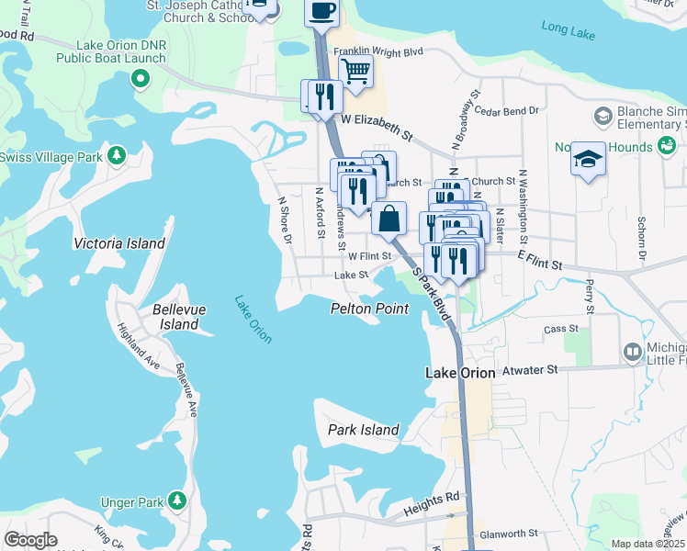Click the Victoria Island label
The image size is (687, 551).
click(119, 243)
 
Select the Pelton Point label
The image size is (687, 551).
click(369, 309)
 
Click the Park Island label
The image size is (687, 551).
click(364, 430)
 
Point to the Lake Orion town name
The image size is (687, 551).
click(460, 373)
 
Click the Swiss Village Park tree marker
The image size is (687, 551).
click(117, 155)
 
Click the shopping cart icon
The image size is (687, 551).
click(355, 70)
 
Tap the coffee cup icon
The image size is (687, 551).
click(321, 11)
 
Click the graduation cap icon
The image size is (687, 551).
click(588, 160)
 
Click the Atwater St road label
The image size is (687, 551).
click(528, 370)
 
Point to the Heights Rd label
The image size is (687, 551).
click(438, 497)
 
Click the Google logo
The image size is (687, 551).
click(30, 540)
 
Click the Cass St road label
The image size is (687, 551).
click(560, 328)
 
